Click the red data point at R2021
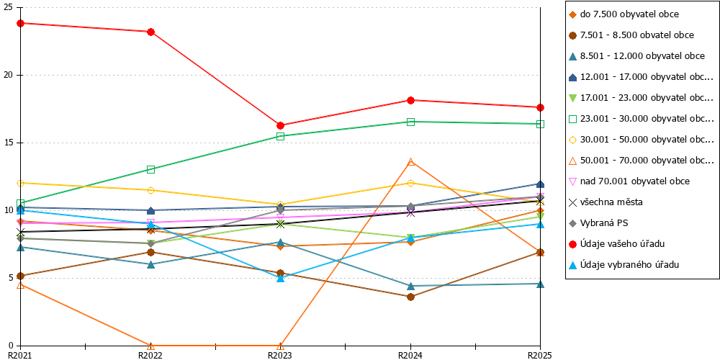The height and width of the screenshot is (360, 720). pos(21,23)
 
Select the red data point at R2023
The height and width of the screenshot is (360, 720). pos(281,125)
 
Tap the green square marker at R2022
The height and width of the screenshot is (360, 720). pos(150,169)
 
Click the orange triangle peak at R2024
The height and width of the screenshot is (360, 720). pos(410,161)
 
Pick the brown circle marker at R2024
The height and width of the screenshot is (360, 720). pos(410,297)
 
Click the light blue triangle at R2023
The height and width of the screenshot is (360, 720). pos(281,278)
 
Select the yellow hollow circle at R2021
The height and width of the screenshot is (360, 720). pos(21,183)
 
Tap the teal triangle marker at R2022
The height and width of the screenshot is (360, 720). pos(150,264)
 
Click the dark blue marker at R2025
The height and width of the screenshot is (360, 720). pos(541,184)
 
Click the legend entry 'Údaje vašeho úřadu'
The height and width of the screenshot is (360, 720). pos(635,243)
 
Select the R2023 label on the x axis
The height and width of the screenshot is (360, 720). pos(281,355)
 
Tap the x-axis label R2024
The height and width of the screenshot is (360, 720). pos(410,355)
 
